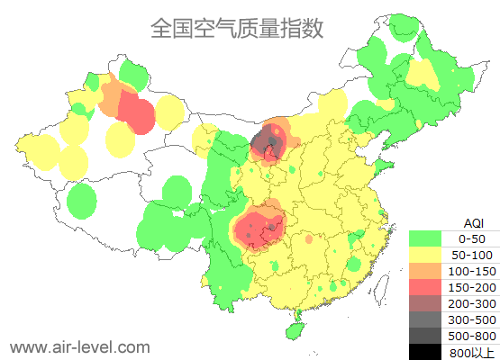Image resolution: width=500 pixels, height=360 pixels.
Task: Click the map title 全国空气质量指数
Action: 236,28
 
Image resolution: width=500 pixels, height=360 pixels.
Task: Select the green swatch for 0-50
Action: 425,238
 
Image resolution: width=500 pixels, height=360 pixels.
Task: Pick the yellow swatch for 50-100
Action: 425,255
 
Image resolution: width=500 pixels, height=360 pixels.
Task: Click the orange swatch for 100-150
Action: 425,271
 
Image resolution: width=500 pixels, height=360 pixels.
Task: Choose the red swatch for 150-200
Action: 425,287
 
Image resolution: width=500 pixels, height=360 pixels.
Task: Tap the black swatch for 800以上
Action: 425,351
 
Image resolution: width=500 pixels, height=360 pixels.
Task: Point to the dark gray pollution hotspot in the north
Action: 267,142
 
